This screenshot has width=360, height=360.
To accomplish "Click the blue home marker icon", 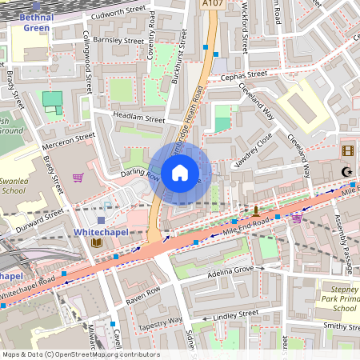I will pyautogui.click(x=180, y=172).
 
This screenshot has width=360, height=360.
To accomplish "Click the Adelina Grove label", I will pyautogui.click(x=230, y=270).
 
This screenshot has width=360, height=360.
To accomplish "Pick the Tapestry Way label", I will pyautogui.click(x=160, y=321).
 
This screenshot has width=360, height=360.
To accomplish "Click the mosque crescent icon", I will pyautogui.click(x=346, y=171).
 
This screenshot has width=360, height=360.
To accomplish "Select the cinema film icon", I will pyautogui.click(x=347, y=150).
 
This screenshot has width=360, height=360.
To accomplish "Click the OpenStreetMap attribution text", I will pyautogui.click(x=81, y=354).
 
